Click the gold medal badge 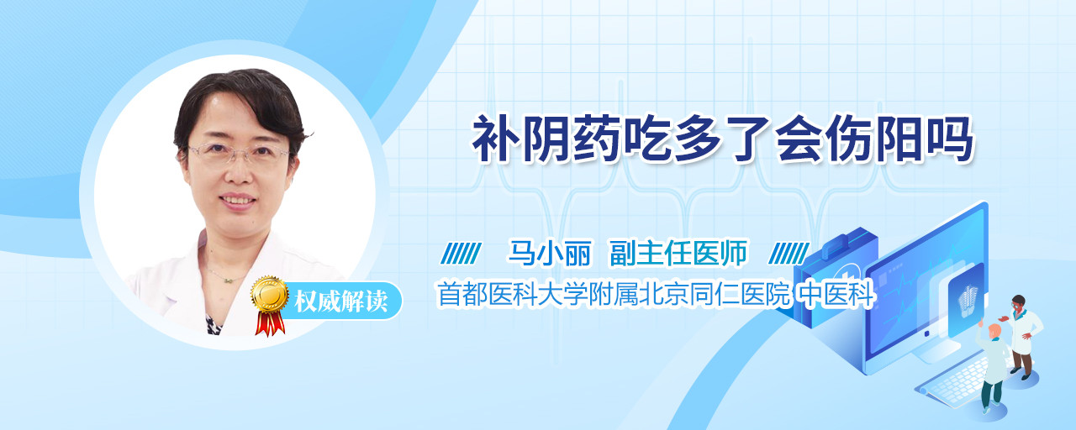(270, 293)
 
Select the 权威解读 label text (341, 302)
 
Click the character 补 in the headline (496, 139)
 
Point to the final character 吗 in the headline (950, 139)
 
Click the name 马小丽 (550, 253)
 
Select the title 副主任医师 (678, 253)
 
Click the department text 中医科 (836, 294)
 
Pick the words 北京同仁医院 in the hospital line (715, 294)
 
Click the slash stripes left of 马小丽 (461, 254)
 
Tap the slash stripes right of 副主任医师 (789, 254)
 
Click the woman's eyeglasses (239, 153)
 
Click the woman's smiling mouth (237, 201)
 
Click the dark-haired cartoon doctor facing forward (1021, 337)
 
